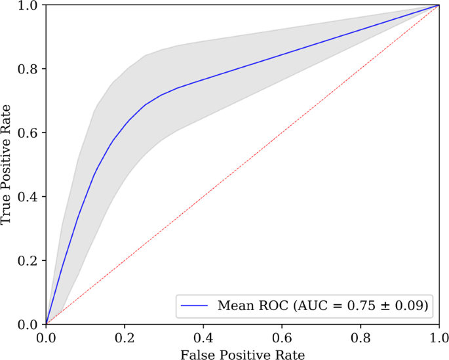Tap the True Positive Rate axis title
coord(7,164)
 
